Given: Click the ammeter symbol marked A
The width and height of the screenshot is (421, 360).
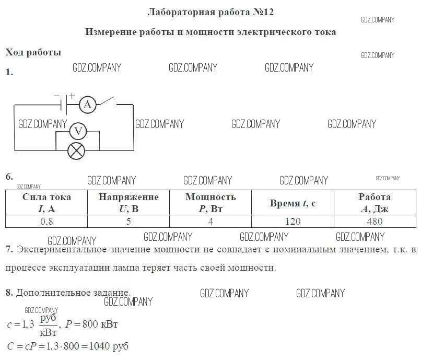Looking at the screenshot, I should coord(88,105).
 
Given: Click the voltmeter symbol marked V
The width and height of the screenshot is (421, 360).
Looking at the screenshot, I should coord(78,131).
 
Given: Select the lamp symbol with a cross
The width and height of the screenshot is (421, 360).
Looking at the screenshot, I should coord(77,151).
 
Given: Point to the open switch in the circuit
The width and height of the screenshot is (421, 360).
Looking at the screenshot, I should coord(108,101).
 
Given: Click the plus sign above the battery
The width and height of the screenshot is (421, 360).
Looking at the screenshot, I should coord(72,96).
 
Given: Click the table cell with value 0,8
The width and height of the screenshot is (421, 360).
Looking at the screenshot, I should coord(46,221).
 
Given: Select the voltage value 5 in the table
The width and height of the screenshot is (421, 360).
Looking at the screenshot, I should coord(128,221).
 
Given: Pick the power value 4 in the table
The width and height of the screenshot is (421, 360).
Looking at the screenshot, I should coord(210,221).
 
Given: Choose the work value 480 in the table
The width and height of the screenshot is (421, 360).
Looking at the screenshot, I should coord(375,221).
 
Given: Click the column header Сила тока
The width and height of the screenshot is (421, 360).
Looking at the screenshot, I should coord(46,203).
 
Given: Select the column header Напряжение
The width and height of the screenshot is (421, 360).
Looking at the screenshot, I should coord(128,203).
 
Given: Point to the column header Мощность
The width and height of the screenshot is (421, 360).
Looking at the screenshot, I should coord(210,203).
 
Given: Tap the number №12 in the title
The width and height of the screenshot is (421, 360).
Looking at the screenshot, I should coord(263,11).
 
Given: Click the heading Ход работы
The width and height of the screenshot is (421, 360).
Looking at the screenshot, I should coord(33,52).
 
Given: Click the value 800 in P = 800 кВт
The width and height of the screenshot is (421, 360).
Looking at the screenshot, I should coord(90,324).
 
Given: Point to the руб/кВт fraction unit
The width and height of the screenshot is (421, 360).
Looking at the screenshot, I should coord(48,324).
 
